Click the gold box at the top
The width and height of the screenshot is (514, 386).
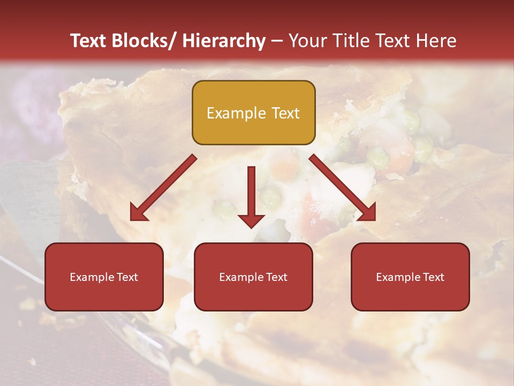(253, 113)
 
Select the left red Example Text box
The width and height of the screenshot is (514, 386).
(104, 277)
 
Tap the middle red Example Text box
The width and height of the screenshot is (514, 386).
(253, 277)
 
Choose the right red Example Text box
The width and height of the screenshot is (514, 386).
(410, 277)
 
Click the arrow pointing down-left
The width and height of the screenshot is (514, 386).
(163, 188)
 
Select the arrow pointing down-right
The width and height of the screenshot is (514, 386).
(343, 188)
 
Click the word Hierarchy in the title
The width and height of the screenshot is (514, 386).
(223, 41)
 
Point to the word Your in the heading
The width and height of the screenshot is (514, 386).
(307, 41)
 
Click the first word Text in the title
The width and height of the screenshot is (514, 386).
(89, 41)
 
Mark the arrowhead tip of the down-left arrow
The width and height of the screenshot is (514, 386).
(131, 219)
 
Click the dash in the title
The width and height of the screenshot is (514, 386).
(277, 41)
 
